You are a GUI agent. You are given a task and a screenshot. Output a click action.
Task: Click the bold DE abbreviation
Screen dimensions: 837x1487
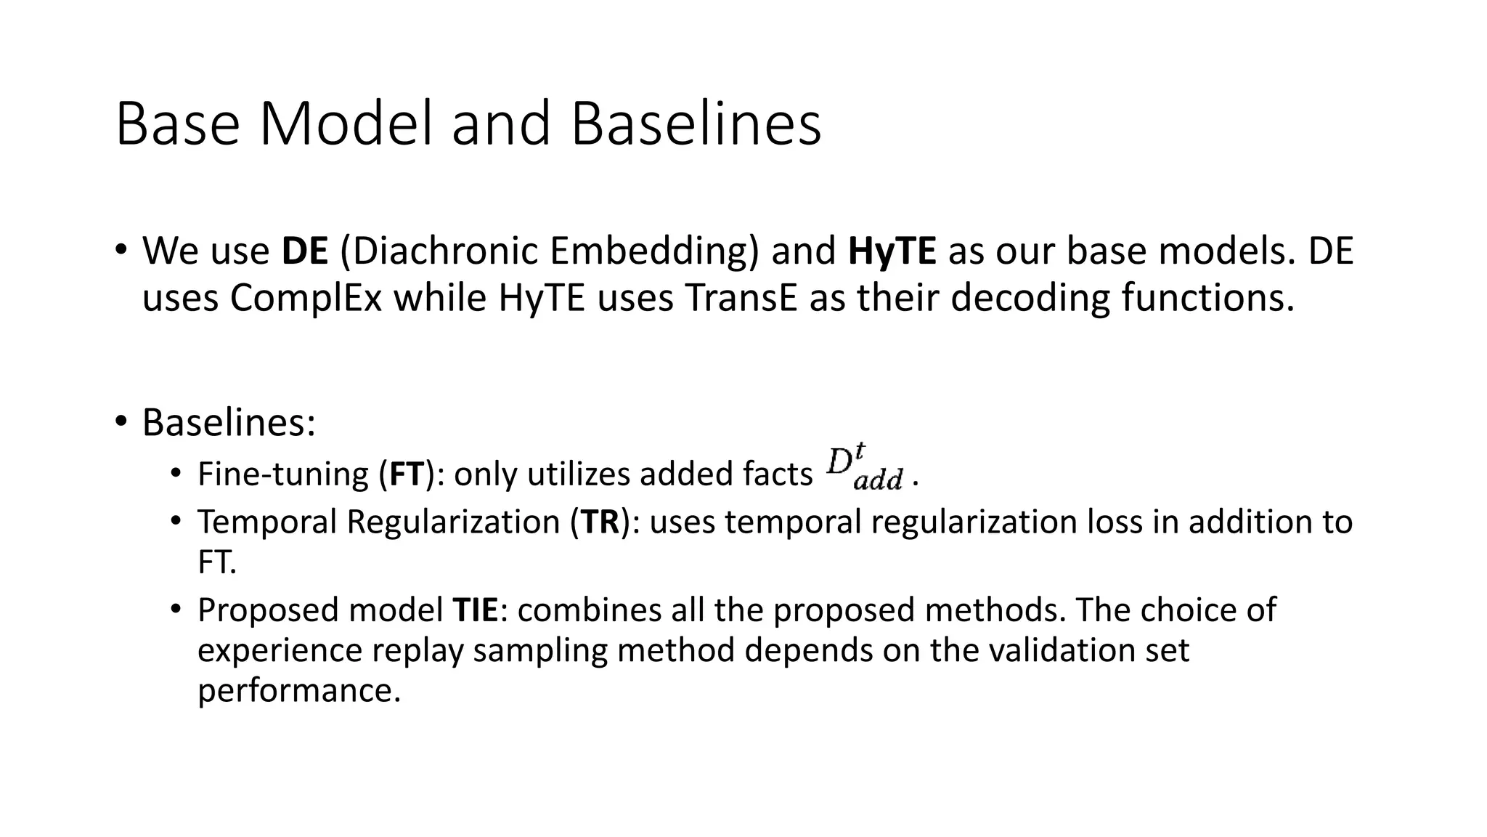305,251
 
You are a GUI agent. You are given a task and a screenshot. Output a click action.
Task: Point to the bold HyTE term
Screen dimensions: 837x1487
892,251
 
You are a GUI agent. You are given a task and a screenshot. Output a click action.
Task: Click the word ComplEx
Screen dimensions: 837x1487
306,298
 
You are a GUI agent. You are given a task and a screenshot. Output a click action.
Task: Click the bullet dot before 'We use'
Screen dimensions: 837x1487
121,249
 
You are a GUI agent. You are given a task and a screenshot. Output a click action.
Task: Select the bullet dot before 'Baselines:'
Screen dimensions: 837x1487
121,421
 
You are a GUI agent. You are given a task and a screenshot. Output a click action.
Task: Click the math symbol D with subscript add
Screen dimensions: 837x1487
864,469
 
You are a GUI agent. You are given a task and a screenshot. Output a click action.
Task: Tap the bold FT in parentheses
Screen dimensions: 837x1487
407,474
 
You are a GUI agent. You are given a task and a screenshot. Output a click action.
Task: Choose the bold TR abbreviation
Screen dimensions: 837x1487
600,522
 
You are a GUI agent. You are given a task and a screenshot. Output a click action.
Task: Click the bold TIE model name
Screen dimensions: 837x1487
475,610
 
